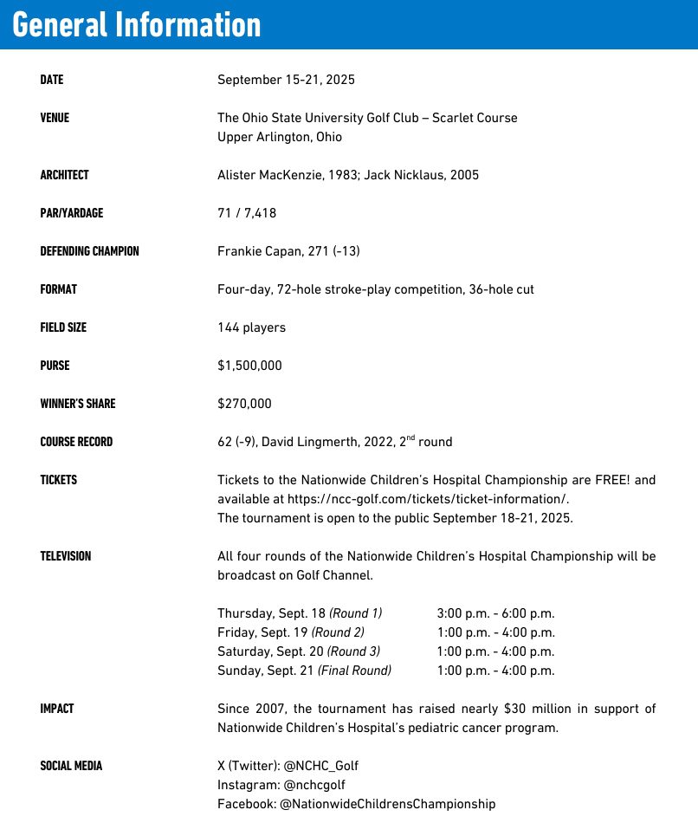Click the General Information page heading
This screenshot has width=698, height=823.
point(137,24)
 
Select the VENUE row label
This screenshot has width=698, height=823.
point(55,118)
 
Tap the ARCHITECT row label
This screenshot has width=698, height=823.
point(64,175)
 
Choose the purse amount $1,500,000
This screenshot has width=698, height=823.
point(249,366)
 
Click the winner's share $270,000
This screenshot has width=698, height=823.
point(244,404)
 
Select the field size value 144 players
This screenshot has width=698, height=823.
point(251,327)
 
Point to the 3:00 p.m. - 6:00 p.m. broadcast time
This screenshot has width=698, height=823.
point(496,613)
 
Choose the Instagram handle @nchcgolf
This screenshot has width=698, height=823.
point(308,785)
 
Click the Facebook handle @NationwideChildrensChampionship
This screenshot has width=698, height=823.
point(387,804)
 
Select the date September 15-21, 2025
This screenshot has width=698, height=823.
point(286,80)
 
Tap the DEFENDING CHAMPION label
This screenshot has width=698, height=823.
point(89,251)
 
